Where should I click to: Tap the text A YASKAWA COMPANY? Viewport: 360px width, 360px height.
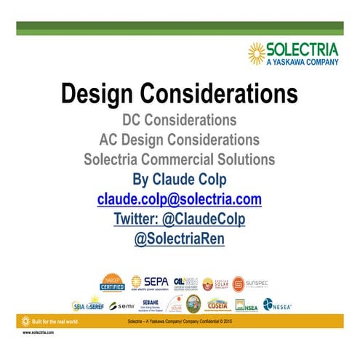pos(300,62)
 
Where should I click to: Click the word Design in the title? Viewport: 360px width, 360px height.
pos(106,95)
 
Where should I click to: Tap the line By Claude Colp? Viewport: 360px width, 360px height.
pos(179,178)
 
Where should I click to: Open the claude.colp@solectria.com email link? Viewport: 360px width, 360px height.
pos(179,199)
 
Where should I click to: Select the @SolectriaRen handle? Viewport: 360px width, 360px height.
pos(179,238)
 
